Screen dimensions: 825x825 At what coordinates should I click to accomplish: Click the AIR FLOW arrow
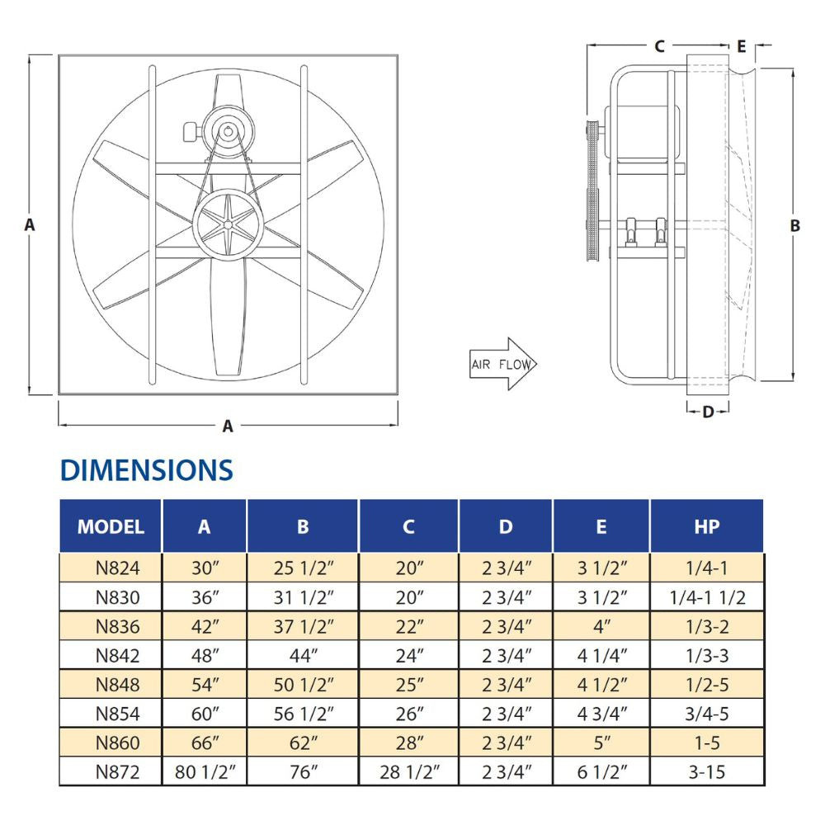(x=503, y=364)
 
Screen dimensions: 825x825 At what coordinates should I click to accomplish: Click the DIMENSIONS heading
(x=147, y=470)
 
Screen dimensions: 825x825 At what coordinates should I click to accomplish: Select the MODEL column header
(x=111, y=526)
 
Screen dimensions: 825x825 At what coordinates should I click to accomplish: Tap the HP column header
(x=707, y=526)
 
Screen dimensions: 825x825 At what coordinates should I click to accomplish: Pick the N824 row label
(x=118, y=568)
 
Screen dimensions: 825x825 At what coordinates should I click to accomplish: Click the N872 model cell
(x=118, y=772)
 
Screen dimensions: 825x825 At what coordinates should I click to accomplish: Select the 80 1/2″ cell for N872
(x=205, y=772)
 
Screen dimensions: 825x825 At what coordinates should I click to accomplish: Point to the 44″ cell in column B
(x=303, y=656)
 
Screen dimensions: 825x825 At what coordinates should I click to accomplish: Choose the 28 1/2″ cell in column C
(x=409, y=772)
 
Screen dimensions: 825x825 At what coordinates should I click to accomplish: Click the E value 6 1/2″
(x=601, y=772)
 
